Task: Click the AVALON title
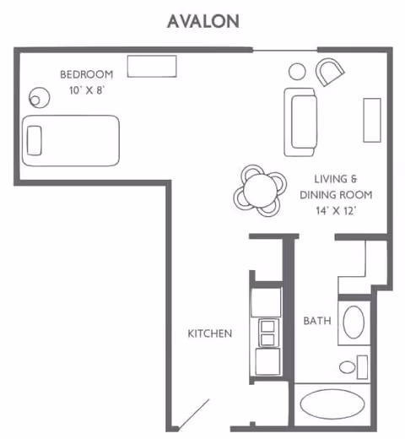coord(202,19)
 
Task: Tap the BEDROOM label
coord(86,74)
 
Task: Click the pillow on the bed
coord(35,140)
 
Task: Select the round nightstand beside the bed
coord(37,97)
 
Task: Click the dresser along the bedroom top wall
coord(152,66)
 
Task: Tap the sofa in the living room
coord(300,122)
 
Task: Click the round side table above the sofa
coord(298,72)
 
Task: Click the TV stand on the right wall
coord(372,120)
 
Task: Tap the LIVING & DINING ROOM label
coord(343,187)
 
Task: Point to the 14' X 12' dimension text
coord(342,210)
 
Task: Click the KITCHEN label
coord(209,333)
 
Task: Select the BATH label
coord(316,321)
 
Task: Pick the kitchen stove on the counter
coord(267,332)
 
